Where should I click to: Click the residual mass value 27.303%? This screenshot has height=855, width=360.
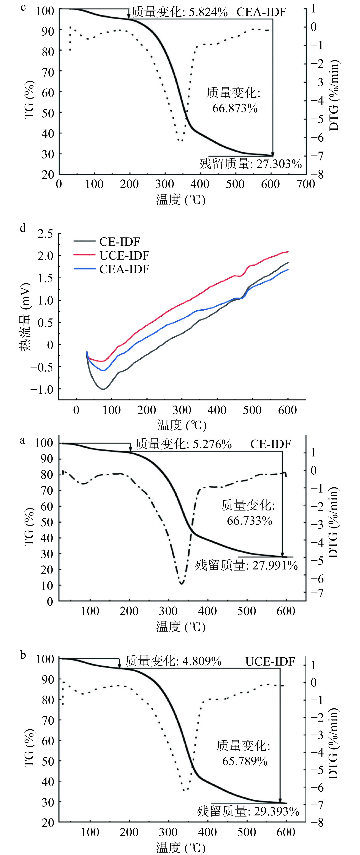(x=250, y=164)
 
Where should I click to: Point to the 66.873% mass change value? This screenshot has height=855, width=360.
(x=235, y=108)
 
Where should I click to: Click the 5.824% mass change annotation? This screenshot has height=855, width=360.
(x=180, y=13)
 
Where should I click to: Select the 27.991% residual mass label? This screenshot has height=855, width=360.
(x=246, y=565)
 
